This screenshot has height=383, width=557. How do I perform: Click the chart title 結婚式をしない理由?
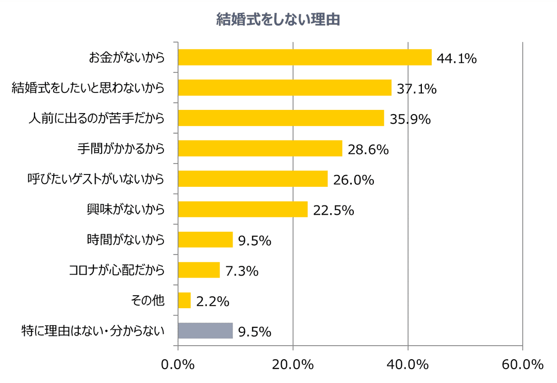[x=278, y=20]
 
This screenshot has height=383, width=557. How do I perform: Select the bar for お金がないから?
[x=304, y=57]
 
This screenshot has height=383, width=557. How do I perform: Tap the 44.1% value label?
[x=456, y=58]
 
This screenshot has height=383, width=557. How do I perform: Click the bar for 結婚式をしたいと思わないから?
[x=284, y=88]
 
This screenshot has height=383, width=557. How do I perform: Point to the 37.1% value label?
[x=417, y=89]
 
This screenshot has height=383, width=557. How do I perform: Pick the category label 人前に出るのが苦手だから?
[x=96, y=118]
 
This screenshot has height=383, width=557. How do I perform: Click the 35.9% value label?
[x=410, y=119]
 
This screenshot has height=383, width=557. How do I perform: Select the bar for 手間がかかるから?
[x=260, y=149]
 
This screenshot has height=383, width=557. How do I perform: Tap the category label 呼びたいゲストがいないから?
[x=96, y=179]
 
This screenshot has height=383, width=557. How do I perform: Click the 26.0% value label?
[x=353, y=180]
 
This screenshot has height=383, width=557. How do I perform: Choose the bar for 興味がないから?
[x=242, y=209]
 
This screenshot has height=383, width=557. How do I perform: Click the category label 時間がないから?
[x=126, y=240]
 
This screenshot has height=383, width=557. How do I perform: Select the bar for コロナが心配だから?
[x=199, y=270]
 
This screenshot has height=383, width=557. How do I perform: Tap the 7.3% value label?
[x=241, y=271]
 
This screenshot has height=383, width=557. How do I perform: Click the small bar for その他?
[x=184, y=300]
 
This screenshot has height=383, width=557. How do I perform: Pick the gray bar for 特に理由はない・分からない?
[x=205, y=331]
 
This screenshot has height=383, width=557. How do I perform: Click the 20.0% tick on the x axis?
[x=293, y=364]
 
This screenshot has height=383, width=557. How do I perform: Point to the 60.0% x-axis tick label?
[x=522, y=364]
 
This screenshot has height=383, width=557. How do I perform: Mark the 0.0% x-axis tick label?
[x=178, y=364]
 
